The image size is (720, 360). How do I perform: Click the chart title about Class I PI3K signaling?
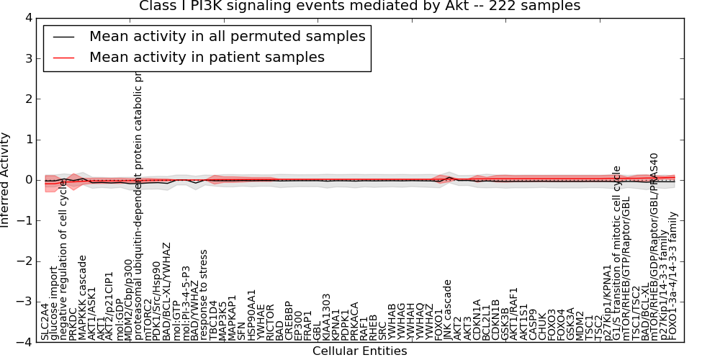359,6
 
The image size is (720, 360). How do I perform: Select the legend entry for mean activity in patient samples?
207,57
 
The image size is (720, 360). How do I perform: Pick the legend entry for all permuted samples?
227,36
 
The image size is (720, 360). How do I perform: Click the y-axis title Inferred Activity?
6,180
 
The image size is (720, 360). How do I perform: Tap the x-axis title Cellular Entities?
359,351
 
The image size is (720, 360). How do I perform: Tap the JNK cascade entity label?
448,310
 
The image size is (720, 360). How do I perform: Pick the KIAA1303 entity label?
326,317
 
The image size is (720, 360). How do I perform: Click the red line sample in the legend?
63,57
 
